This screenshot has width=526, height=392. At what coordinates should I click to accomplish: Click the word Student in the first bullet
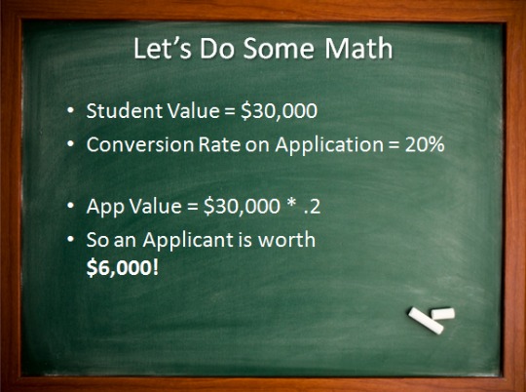[x=119, y=113]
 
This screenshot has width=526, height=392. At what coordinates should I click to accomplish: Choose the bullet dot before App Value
[x=71, y=208]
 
